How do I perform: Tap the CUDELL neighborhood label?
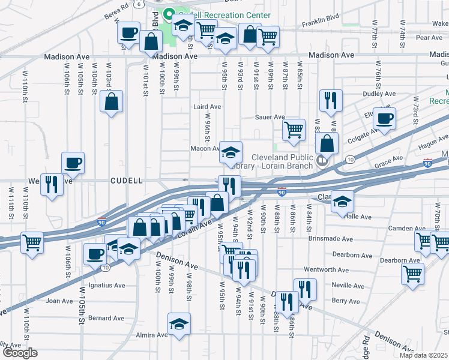pos(126,181)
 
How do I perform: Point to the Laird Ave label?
pos(207,107)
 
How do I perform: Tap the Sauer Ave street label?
pos(270,117)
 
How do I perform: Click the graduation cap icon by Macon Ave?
pos(230,152)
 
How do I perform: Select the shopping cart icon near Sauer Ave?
pos(294,130)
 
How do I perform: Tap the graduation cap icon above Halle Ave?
pos(342,202)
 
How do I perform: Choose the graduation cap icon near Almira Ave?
pos(179,324)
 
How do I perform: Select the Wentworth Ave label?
pos(327,270)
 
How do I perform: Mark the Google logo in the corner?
pos(20,353)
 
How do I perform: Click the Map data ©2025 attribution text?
pos(423,355)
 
